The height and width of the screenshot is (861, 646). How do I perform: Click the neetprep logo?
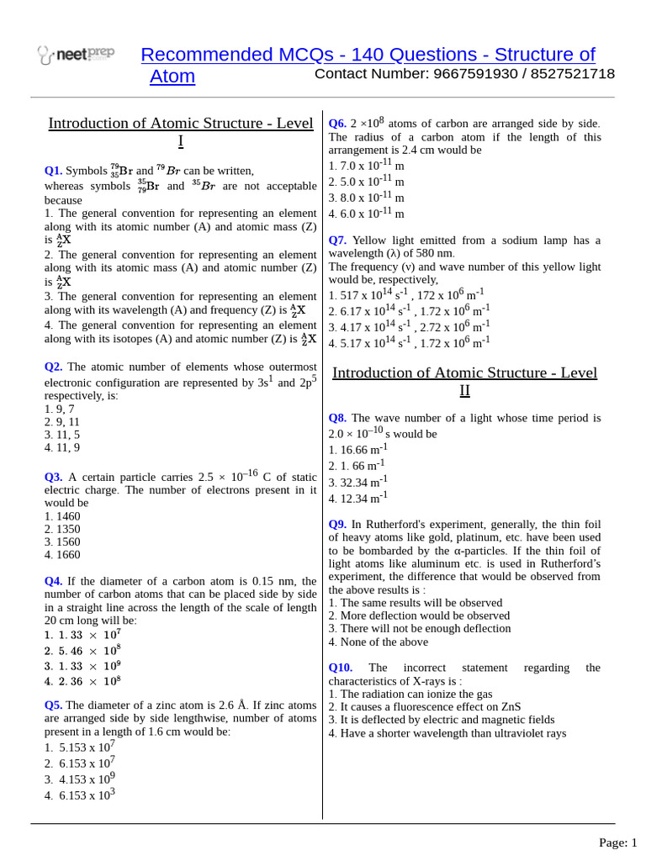(76, 55)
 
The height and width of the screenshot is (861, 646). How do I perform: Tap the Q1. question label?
(54, 171)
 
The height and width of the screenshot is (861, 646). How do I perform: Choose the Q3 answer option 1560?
(62, 542)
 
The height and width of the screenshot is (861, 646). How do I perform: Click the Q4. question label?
(54, 581)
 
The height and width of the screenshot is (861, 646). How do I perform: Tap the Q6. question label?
(337, 123)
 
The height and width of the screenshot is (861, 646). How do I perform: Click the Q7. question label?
(337, 240)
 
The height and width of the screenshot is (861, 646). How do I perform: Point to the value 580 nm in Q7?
(437, 253)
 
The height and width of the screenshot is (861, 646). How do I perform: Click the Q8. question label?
(337, 418)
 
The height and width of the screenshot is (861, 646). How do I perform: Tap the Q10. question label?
(341, 668)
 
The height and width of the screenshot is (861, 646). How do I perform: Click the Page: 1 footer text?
(617, 843)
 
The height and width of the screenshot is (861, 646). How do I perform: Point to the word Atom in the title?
(172, 77)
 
